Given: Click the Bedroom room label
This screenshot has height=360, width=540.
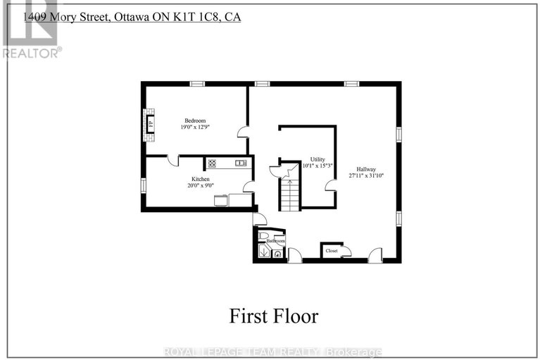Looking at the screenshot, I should click(x=194, y=120).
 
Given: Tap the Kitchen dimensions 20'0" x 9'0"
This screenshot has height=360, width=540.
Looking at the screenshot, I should click(x=200, y=186).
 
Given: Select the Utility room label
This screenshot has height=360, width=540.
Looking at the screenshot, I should click(x=317, y=159).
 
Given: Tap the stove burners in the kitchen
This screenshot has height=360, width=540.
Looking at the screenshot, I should click(x=212, y=163).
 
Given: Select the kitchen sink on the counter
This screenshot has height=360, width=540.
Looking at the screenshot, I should click(x=240, y=163).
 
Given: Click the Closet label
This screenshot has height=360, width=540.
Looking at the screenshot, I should click(x=331, y=250).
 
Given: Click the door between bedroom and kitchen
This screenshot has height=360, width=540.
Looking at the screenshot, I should click(x=172, y=160).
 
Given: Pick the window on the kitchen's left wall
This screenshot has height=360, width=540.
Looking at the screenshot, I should click(x=143, y=185).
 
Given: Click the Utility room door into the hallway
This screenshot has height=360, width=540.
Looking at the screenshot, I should click(x=329, y=185).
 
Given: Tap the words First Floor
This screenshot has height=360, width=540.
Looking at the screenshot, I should click(x=273, y=316).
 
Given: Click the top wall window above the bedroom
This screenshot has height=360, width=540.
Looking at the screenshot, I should click(x=197, y=84).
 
